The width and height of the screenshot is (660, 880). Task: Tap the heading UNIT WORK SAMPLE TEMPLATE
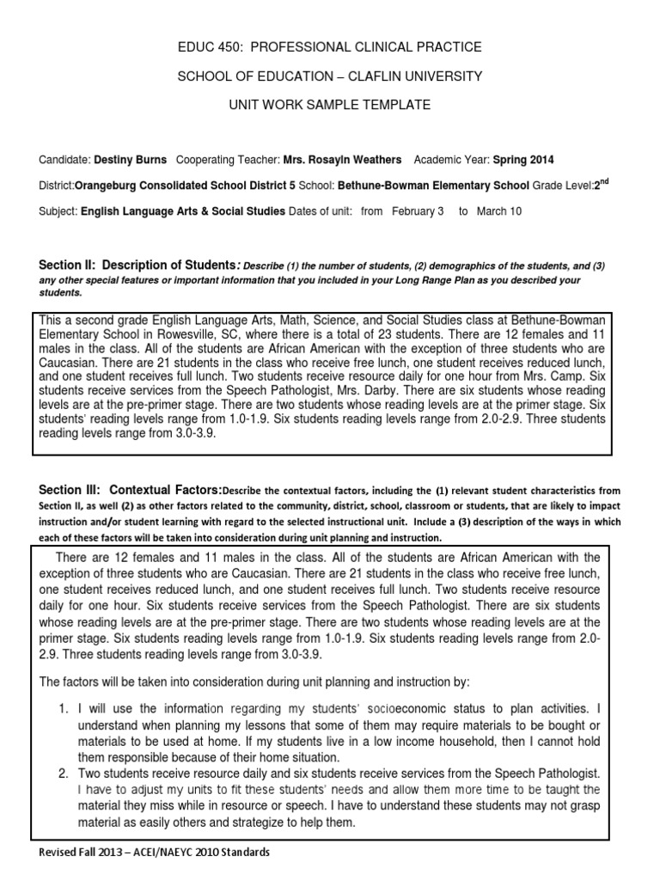(x=330, y=105)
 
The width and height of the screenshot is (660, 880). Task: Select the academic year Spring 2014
(x=523, y=160)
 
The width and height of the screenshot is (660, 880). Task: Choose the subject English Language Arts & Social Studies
(x=183, y=211)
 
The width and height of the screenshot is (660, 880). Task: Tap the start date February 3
(x=418, y=211)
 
